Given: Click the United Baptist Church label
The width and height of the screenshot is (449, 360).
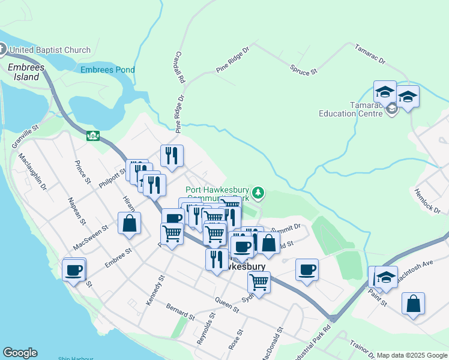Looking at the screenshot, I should coord(49,50).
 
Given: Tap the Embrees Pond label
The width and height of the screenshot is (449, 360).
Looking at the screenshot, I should coord(108,70).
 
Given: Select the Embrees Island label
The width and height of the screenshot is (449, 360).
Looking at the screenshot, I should coord(26,73).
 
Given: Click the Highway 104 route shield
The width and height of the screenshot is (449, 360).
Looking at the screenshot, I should coord(92,136).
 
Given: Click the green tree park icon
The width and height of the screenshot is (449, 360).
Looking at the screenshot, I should coord(258,192).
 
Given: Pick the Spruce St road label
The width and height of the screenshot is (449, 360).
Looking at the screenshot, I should coord(304,70).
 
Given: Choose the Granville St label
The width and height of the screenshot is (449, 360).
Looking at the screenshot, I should coord(26,137).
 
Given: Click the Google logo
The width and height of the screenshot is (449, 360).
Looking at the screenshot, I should coord(20,353).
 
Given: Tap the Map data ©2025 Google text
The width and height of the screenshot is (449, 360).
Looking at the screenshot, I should coord(412,355).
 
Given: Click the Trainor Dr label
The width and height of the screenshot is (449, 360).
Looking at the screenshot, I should coord(362,350).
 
